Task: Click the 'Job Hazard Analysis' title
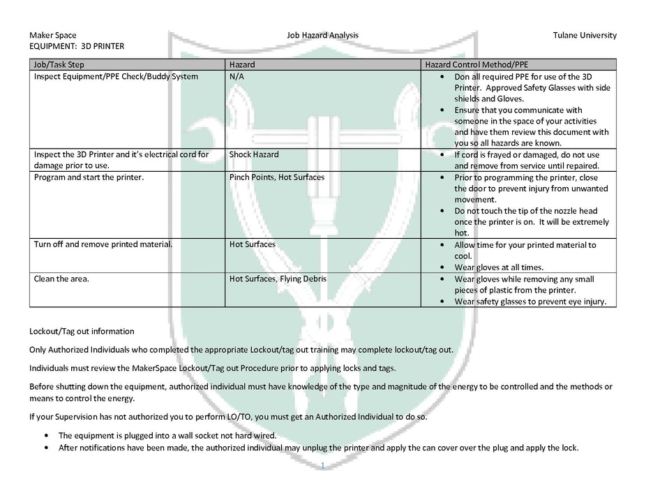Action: [322, 35]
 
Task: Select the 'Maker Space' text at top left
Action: [53, 35]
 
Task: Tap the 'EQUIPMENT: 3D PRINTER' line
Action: [77, 46]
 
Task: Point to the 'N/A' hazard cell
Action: [236, 76]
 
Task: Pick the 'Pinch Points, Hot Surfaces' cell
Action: [276, 177]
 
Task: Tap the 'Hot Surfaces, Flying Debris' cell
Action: [278, 279]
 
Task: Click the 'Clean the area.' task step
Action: [61, 279]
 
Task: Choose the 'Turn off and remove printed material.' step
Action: [103, 245]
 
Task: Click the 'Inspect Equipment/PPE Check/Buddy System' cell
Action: [116, 76]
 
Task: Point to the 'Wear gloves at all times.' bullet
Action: [498, 267]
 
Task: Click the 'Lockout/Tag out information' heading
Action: [82, 331]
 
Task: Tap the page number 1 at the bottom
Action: [323, 464]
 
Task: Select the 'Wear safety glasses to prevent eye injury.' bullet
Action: [530, 302]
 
